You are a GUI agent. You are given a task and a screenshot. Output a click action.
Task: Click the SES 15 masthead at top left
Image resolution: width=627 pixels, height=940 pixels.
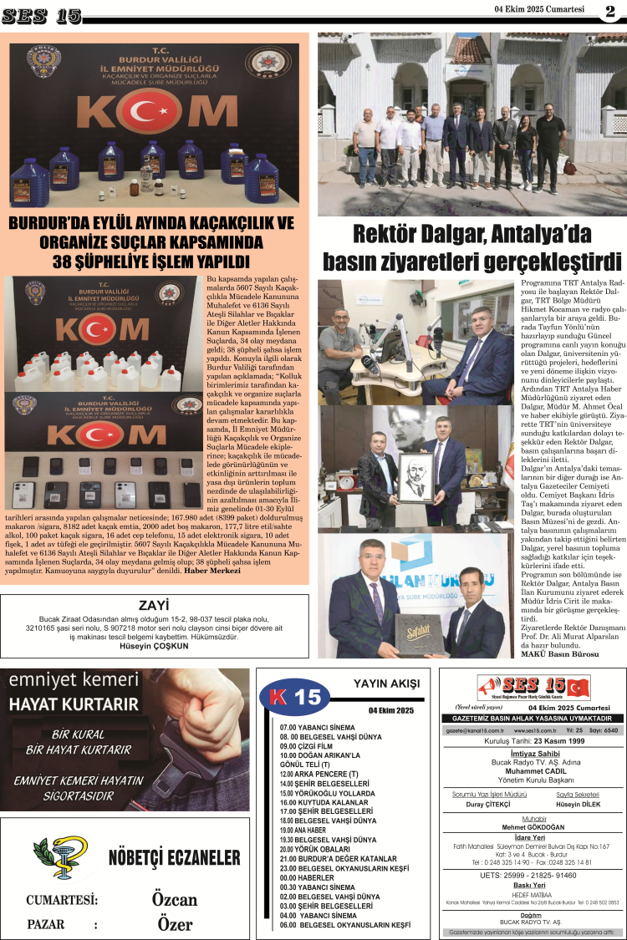pyautogui.click(x=41, y=16)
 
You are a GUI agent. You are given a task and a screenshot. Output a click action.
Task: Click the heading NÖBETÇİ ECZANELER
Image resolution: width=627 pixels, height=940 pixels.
pyautogui.click(x=174, y=858)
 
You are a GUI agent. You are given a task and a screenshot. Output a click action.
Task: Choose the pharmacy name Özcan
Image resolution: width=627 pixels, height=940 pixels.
pyautogui.click(x=175, y=899)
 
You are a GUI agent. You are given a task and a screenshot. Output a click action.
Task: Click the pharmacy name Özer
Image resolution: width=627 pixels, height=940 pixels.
pyautogui.click(x=175, y=924)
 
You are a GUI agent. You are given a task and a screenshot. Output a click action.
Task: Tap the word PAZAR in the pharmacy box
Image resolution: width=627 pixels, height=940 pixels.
pyautogui.click(x=46, y=924)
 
